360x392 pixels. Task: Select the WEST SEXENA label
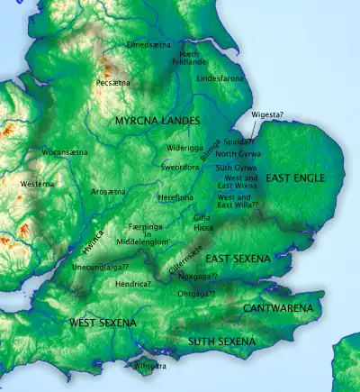(x=103, y=322)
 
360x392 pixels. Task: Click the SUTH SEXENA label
(x=221, y=342)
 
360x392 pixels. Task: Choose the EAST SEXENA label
(x=238, y=259)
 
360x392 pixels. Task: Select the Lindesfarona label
(x=220, y=79)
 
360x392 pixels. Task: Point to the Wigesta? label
(x=267, y=114)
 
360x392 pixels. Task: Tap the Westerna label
(x=36, y=184)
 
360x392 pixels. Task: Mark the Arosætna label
(x=108, y=192)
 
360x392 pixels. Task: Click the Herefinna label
(x=175, y=196)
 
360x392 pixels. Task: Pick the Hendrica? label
(x=133, y=283)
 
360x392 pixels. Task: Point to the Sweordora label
(x=180, y=168)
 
